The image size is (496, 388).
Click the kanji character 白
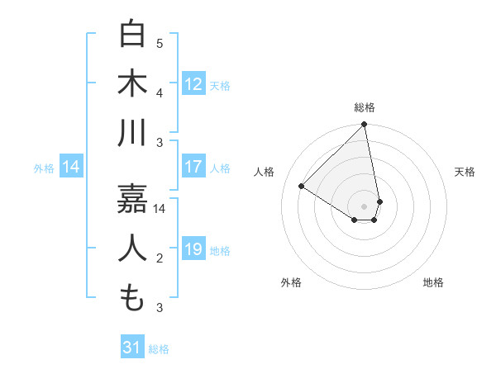(132, 35)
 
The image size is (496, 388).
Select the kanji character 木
(132, 84)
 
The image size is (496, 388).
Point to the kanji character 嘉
(132, 198)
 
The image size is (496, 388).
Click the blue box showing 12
(193, 84)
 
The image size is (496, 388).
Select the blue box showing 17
(193, 167)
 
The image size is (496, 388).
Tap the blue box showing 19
(193, 249)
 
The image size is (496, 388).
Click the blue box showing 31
(132, 348)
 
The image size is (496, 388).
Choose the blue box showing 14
(71, 168)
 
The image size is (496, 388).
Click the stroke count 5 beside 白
(160, 43)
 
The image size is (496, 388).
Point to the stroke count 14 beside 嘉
(160, 208)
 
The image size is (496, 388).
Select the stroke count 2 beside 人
(160, 259)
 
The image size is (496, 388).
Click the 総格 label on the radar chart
(365, 107)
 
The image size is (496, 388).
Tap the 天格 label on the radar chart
(465, 172)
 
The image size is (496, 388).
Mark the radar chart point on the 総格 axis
(365, 125)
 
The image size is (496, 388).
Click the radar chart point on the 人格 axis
(302, 187)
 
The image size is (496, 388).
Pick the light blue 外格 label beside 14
(44, 168)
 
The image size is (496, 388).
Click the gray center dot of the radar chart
(365, 206)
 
